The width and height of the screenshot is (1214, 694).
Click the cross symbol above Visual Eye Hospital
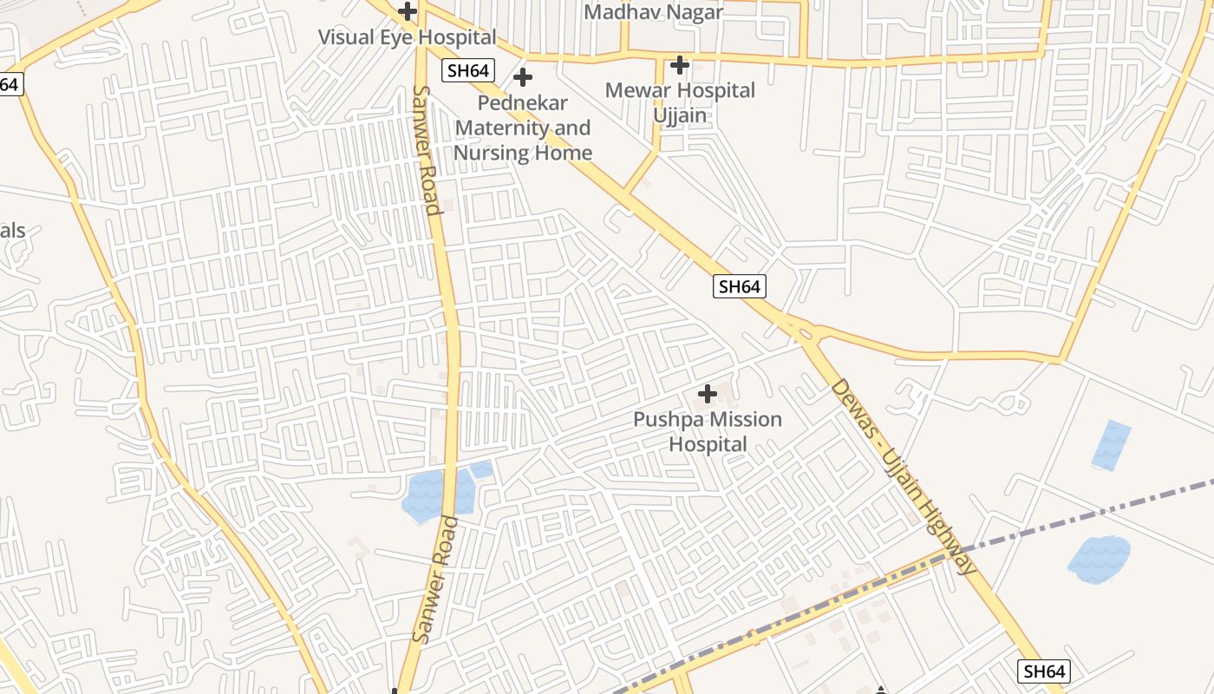(x=408, y=12)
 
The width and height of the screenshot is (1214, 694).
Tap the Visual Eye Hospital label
(x=407, y=37)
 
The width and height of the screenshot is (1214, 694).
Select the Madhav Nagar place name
(x=654, y=12)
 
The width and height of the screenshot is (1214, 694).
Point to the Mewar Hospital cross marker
(x=680, y=65)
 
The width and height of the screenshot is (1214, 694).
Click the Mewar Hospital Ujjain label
(x=680, y=102)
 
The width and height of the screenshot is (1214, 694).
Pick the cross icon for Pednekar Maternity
(x=523, y=78)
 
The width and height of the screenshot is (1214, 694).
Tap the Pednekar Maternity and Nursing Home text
(x=523, y=128)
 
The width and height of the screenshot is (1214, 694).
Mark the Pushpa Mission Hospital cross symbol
(x=708, y=395)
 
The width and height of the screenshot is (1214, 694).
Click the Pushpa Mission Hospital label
(x=708, y=432)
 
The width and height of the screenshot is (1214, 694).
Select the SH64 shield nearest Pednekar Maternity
(x=467, y=70)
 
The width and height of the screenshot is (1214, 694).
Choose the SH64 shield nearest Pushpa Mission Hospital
(x=740, y=286)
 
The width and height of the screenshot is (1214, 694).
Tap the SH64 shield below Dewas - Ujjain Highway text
(x=1043, y=671)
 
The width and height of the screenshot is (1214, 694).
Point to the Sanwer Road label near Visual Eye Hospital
(x=424, y=149)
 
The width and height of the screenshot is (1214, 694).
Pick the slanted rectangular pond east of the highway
(x=1111, y=445)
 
